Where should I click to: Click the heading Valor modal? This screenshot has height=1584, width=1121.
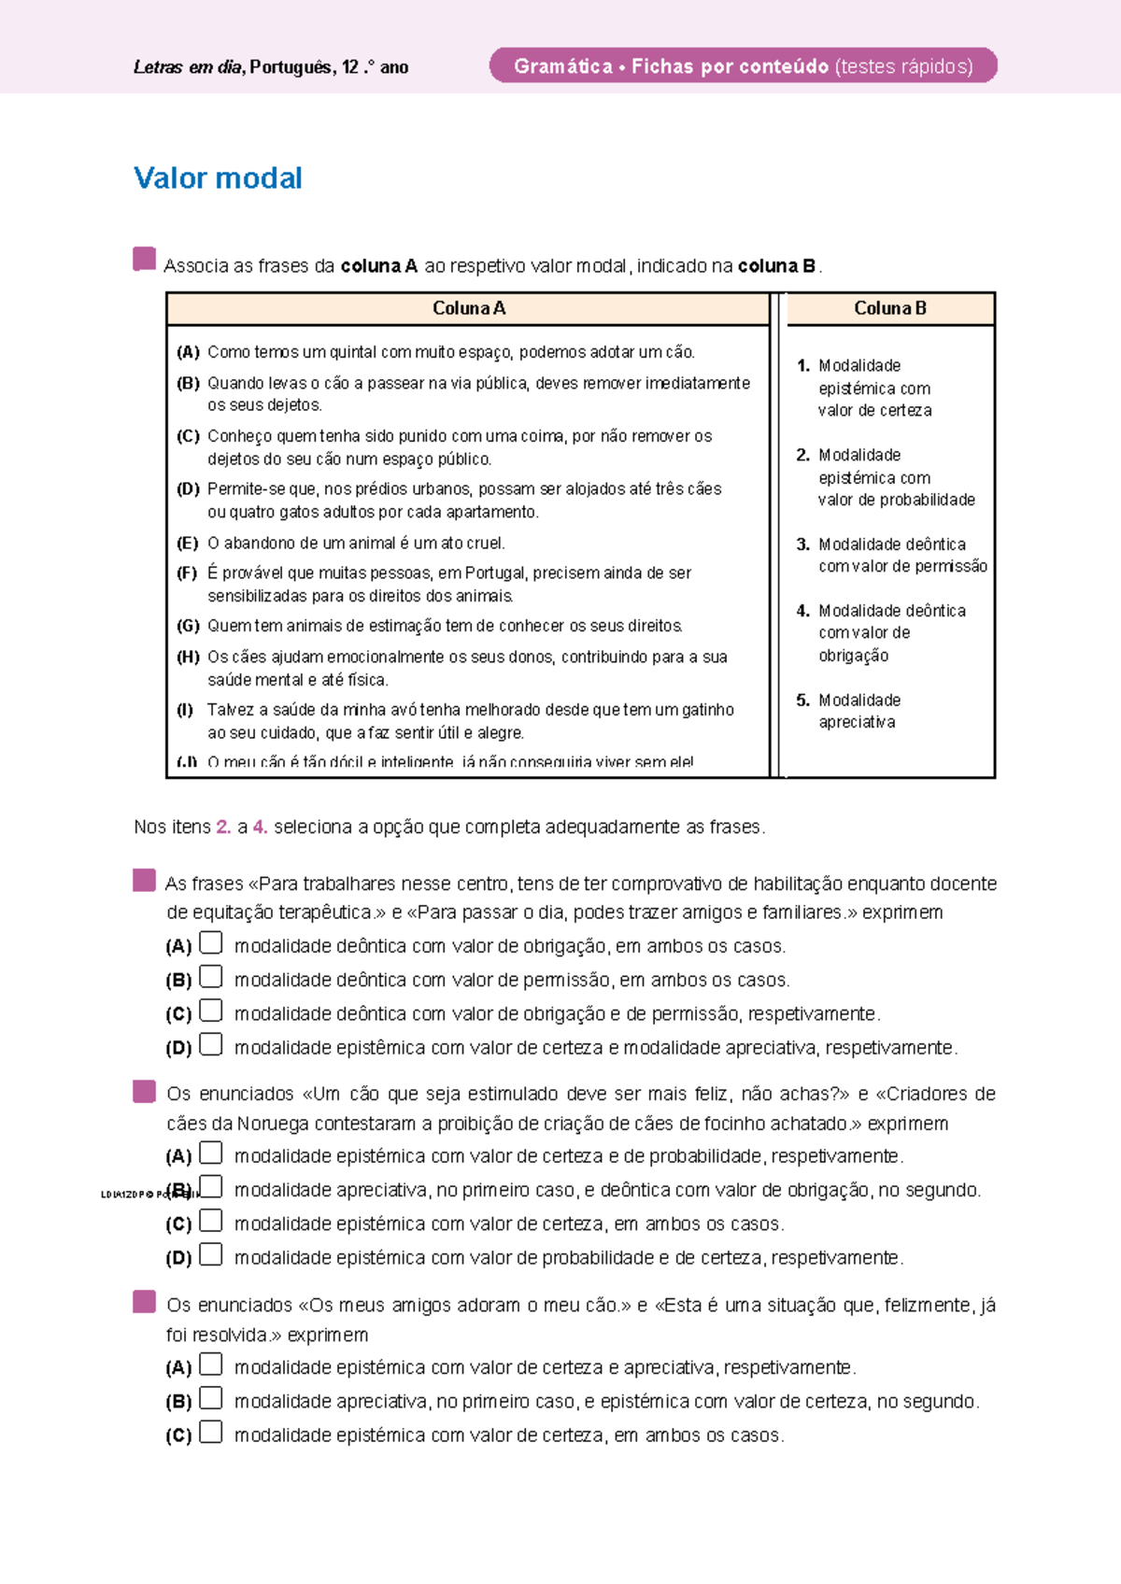tap(218, 178)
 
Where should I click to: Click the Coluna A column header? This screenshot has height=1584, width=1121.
tap(468, 308)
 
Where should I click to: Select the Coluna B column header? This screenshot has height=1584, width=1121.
tap(889, 308)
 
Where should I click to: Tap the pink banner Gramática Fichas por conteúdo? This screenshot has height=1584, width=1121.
tap(743, 66)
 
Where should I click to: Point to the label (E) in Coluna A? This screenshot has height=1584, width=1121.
tap(187, 544)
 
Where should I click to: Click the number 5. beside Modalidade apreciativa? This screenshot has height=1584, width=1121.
tap(802, 700)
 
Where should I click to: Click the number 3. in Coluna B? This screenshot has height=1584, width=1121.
tap(802, 544)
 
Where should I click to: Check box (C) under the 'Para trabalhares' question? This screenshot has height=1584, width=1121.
tap(211, 1011)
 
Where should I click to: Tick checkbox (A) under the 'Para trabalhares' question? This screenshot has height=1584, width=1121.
tap(211, 943)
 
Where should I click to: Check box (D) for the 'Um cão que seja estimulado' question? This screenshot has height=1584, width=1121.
tap(211, 1254)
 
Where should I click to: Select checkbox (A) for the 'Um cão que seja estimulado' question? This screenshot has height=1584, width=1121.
tap(211, 1153)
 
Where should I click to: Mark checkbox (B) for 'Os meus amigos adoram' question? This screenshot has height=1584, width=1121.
tap(211, 1398)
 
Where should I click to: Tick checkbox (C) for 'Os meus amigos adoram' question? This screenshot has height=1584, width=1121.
tap(211, 1432)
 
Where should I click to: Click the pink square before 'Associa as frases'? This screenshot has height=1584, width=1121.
tap(144, 259)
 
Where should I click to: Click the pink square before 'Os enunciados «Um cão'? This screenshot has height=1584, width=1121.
tap(144, 1091)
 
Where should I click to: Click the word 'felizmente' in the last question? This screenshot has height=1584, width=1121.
tap(925, 1306)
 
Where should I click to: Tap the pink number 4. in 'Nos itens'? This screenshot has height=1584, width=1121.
tap(260, 827)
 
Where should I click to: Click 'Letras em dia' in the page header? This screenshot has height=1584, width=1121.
tap(188, 67)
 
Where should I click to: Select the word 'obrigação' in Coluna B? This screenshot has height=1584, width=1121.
tap(853, 656)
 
